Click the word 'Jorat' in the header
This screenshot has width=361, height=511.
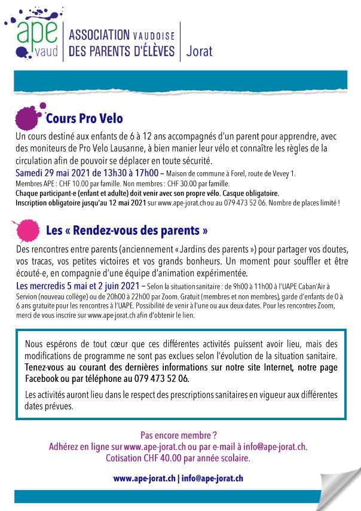click(x=200, y=51)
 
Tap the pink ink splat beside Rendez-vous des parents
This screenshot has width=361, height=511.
click(x=26, y=230)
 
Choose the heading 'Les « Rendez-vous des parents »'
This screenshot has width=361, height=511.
click(x=127, y=230)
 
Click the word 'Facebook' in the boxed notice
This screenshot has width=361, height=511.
click(x=41, y=379)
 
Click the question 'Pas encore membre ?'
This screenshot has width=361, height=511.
click(x=178, y=435)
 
